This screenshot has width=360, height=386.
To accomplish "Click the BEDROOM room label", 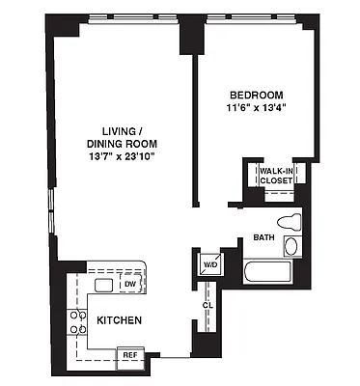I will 256,94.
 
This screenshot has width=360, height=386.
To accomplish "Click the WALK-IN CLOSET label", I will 275,179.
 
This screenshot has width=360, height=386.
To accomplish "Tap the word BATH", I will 263,236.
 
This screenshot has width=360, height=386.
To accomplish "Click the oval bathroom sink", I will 291,245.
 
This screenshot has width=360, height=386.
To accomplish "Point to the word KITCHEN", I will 120,320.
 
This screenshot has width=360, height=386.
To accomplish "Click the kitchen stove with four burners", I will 74,322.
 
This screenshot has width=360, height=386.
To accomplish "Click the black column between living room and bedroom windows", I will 187,34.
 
